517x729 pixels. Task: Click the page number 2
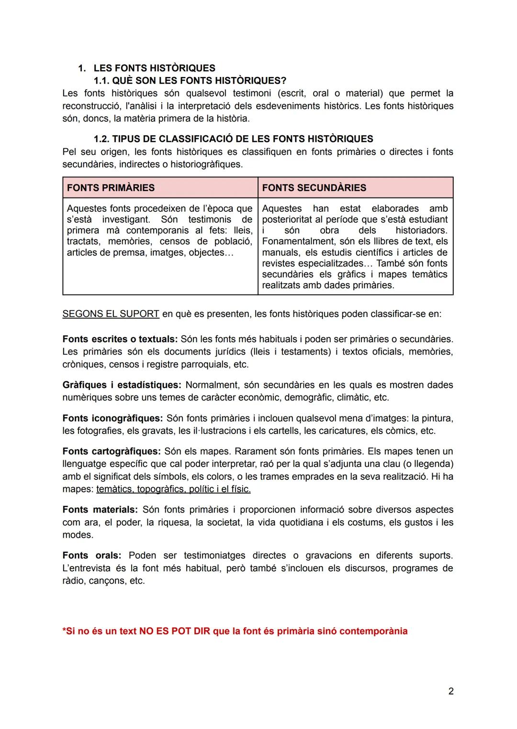[450, 691]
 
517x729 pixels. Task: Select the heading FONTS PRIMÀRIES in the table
[111, 188]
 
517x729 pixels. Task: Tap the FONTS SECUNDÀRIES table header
[314, 188]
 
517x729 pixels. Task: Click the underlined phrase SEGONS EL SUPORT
[111, 314]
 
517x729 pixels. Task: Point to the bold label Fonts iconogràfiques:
[112, 418]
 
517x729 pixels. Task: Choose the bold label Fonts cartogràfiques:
[111, 451]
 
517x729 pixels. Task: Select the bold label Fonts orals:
[91, 555]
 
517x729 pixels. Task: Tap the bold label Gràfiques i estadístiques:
[122, 385]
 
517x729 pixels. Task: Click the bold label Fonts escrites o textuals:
[120, 339]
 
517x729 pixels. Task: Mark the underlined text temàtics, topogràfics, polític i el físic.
[173, 489]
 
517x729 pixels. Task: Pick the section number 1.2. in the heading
[101, 139]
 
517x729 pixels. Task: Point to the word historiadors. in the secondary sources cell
[421, 230]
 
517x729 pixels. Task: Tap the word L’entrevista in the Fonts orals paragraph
[87, 568]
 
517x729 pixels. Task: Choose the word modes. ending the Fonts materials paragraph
[78, 535]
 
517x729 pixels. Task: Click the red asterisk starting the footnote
[64, 631]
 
